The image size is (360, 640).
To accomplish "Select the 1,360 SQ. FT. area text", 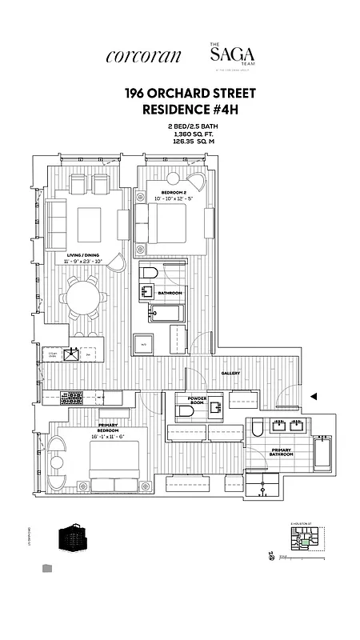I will point(179,134).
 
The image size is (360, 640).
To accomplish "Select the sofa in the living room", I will point(56,222).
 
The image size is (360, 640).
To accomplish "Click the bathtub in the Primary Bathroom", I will point(322,454).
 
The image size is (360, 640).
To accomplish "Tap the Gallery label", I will point(230,373).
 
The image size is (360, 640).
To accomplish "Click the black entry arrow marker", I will point(314,396).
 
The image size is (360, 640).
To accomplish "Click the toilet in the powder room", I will point(183,411).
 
